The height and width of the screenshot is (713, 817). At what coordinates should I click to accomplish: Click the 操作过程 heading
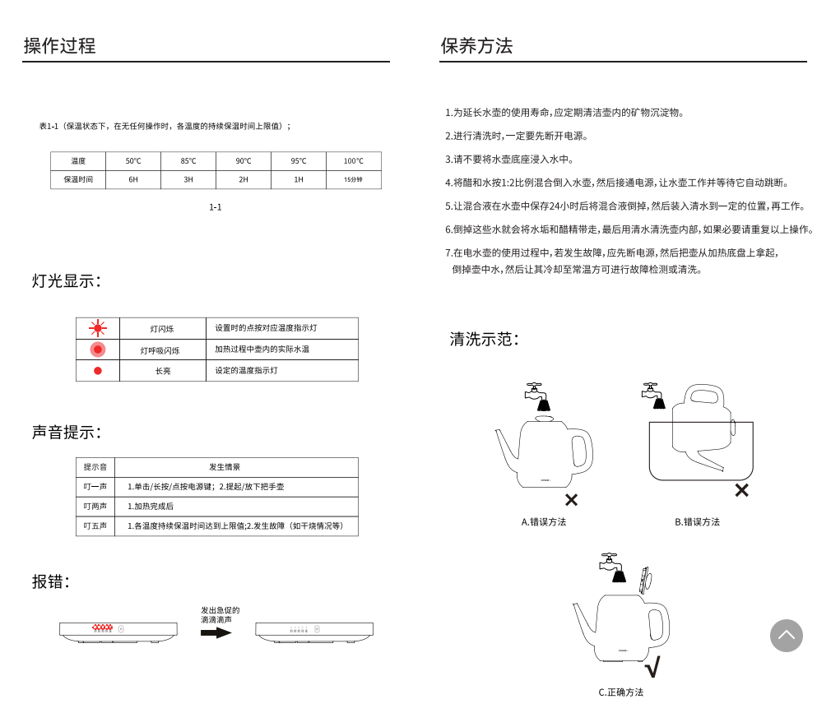[60, 46]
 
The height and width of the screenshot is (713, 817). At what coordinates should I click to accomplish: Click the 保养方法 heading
[476, 46]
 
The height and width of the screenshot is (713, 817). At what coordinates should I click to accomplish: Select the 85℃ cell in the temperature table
[188, 161]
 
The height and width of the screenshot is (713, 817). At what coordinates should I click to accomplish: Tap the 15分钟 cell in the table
[353, 179]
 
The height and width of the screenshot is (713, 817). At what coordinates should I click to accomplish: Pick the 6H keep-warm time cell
[133, 179]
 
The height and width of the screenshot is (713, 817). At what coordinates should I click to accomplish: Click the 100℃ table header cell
[353, 161]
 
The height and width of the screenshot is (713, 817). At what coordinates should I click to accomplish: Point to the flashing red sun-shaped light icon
[98, 328]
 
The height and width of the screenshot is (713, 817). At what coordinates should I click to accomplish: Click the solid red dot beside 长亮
[98, 371]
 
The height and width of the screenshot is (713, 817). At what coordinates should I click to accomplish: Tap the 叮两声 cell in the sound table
[95, 507]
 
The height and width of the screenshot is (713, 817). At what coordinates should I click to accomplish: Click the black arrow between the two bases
[216, 632]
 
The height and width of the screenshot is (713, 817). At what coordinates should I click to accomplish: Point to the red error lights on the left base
[102, 628]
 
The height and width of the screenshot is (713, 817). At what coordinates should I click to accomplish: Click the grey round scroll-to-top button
[786, 636]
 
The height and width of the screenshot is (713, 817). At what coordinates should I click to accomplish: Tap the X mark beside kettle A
[571, 499]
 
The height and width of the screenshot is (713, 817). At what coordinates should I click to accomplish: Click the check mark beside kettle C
[652, 666]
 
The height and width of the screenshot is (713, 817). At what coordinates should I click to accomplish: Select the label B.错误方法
[697, 522]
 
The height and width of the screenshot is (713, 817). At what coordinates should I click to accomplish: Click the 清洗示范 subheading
[484, 339]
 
